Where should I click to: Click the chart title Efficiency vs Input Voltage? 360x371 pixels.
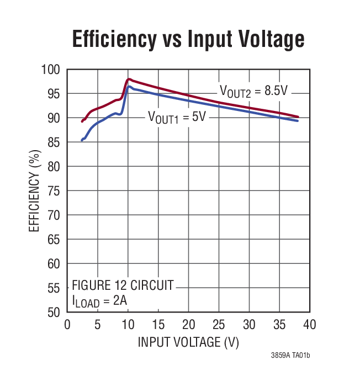point(188,39)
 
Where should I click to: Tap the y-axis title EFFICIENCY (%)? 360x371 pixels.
point(34,190)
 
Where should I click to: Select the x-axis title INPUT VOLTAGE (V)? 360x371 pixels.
point(188,342)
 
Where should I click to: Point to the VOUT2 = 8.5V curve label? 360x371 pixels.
point(254,91)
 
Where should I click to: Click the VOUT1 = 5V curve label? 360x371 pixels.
point(176,117)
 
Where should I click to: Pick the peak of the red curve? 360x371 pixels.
point(129,79)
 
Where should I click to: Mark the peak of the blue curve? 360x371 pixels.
point(129,86)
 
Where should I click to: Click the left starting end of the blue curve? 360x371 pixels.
point(82,140)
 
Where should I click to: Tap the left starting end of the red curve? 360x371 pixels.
point(82,121)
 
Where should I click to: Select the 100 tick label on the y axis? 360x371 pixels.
point(50,70)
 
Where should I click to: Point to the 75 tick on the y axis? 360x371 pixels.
point(52,190)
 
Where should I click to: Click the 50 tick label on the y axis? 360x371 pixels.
point(52,312)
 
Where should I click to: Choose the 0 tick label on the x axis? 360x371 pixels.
point(67,324)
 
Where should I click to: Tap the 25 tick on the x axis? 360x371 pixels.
point(219,324)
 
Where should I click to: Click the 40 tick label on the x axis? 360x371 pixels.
point(309,324)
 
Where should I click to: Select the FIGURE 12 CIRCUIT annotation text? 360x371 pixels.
point(123,285)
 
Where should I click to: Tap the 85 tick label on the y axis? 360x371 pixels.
point(52,142)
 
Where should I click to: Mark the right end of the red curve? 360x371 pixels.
point(298,116)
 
